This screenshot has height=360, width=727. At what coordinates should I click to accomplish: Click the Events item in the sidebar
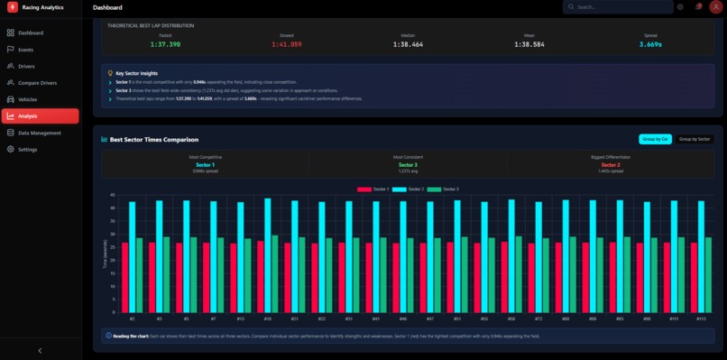click(x=26, y=50)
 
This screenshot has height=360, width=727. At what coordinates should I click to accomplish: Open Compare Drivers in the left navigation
click(x=38, y=83)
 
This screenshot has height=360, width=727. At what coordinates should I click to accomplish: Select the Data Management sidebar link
click(x=40, y=133)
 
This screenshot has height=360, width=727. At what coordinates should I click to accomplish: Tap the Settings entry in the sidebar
click(x=28, y=149)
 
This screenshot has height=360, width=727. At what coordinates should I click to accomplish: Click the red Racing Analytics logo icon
click(x=13, y=7)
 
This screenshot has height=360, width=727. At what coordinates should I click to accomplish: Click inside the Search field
click(x=622, y=7)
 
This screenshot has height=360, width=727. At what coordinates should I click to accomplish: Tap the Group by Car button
click(x=655, y=139)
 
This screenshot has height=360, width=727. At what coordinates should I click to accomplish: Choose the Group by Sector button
click(x=695, y=139)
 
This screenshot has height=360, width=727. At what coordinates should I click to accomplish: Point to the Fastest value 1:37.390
click(x=165, y=43)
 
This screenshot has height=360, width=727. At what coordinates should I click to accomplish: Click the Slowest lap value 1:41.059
click(x=286, y=43)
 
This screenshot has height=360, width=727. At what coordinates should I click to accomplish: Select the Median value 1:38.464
click(x=408, y=43)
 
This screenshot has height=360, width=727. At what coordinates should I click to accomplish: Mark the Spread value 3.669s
click(x=650, y=43)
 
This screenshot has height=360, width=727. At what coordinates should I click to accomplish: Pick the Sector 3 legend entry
click(x=449, y=189)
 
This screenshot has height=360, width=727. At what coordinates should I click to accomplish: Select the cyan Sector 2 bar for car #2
click(x=132, y=256)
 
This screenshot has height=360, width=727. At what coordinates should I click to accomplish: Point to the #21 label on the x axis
click(x=295, y=318)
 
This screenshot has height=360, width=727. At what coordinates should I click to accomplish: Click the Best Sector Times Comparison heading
click(x=153, y=140)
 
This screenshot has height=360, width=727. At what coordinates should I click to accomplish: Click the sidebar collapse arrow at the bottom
click(x=40, y=350)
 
